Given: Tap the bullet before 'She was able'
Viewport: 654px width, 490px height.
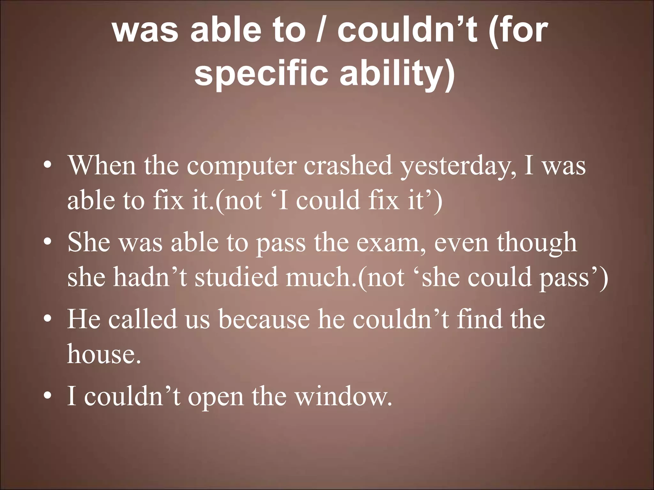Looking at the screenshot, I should (x=48, y=242).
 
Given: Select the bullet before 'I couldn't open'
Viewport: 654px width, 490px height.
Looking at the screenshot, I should (x=48, y=396).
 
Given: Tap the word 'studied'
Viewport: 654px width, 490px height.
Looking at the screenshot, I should (x=236, y=277).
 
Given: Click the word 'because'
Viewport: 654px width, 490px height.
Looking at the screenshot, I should (x=264, y=319).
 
